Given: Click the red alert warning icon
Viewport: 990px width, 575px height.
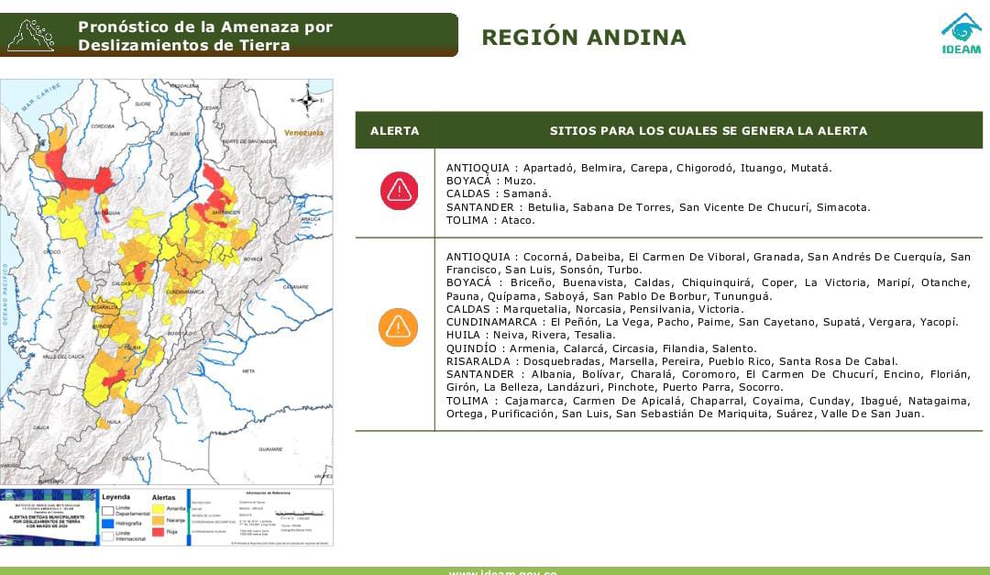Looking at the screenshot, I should coord(399,191).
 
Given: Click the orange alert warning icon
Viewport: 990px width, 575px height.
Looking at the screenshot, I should coord(399,327).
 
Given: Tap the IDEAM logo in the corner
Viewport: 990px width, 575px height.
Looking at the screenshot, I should coord(961,34).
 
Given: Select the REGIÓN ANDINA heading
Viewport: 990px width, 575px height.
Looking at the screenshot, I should coord(583,38).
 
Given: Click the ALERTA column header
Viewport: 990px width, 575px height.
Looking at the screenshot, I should coord(394,131).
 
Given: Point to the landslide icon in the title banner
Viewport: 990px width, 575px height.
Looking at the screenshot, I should coord(30,35).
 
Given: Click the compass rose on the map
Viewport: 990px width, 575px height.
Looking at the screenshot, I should coord(308,101).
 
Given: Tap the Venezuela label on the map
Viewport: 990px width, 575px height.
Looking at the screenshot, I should coord(303,133).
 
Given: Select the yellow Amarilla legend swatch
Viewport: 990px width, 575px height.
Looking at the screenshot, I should coord(159,508).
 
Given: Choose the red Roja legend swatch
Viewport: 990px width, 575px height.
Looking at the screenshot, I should coord(159,532).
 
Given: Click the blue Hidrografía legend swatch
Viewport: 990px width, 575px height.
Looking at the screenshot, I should coord(108,523).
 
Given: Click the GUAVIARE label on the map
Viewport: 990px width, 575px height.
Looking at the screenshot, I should coord(270,449).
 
